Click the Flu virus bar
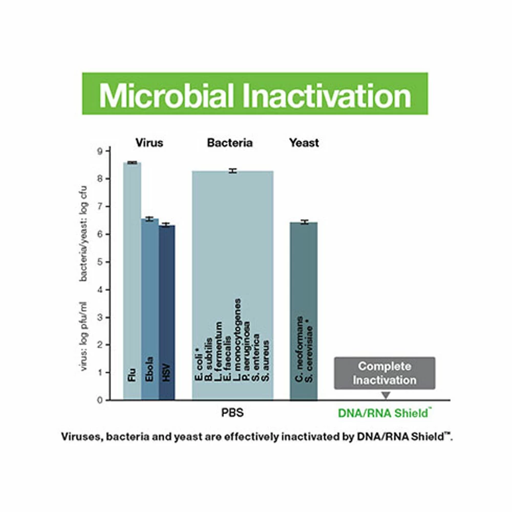(x=132, y=281)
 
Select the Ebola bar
(x=150, y=309)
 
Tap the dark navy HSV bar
(x=167, y=312)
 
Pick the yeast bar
(x=304, y=311)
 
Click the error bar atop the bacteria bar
(x=233, y=171)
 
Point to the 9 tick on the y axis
(x=100, y=151)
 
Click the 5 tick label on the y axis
(x=100, y=262)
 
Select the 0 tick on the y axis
(x=100, y=400)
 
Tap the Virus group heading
(x=149, y=143)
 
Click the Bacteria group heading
(x=230, y=143)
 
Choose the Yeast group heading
(x=304, y=143)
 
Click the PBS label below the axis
(x=232, y=413)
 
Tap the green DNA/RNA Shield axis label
(x=385, y=413)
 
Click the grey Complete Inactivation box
(x=385, y=373)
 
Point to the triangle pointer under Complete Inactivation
(x=386, y=395)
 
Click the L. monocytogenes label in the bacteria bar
(x=238, y=340)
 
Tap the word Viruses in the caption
(x=82, y=437)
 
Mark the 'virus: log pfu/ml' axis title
(x=83, y=336)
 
